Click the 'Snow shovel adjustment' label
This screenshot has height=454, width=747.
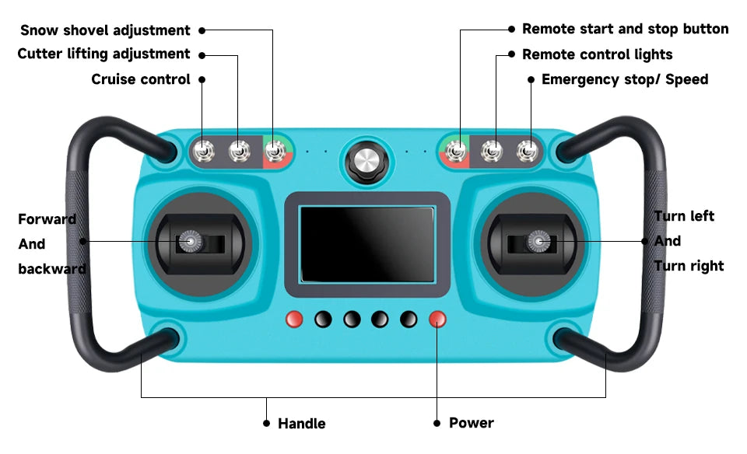[105, 30]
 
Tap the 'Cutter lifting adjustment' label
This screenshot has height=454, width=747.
[103, 54]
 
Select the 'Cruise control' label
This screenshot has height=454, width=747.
[141, 79]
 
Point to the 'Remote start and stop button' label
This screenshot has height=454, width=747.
[626, 29]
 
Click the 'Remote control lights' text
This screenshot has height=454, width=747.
[598, 54]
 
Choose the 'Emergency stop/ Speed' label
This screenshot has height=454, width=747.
[625, 79]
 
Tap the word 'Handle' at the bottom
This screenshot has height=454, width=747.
[302, 424]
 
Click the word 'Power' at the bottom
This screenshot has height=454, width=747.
[472, 423]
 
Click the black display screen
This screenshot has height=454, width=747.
[366, 244]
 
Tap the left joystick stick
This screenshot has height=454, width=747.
[191, 241]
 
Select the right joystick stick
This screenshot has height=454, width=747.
[538, 241]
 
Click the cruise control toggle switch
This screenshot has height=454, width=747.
[203, 152]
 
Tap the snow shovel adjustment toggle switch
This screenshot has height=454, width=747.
[275, 152]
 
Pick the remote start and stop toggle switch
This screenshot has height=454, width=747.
[456, 152]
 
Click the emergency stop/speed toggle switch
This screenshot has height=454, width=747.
[528, 152]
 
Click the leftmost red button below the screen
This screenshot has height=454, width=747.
[294, 319]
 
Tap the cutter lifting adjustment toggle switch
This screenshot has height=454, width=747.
[239, 152]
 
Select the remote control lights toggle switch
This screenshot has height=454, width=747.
[492, 152]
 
